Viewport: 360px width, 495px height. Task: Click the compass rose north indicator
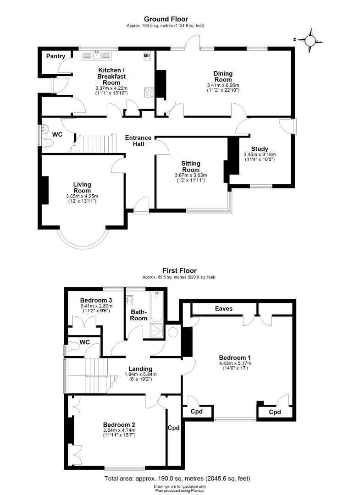310,40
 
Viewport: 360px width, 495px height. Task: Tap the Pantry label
55,56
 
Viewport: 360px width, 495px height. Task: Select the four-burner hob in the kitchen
149,92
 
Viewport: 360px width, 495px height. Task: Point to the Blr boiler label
147,55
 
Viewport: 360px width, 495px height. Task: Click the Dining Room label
223,77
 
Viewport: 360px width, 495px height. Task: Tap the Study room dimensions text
260,157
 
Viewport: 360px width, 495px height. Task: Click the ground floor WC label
57,135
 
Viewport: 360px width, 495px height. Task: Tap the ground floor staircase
95,144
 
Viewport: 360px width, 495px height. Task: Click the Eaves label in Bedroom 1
224,308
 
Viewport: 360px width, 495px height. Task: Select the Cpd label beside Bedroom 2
174,428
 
